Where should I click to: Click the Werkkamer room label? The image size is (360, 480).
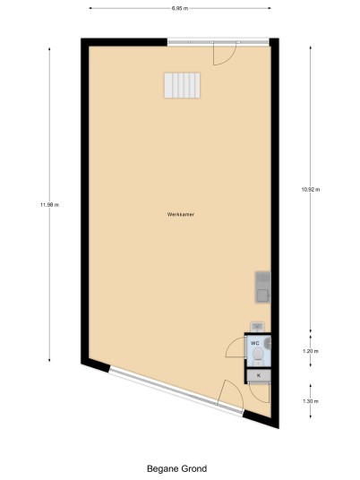coord(181,214)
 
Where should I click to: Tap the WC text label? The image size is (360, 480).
coord(255,343)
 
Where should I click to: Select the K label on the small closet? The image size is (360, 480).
coord(259,375)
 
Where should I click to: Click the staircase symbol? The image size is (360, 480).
coord(182,85)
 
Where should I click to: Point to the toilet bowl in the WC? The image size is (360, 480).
coord(258,356)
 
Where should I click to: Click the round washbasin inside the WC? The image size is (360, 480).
coord(268,343)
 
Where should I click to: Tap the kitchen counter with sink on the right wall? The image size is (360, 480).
coord(263,287)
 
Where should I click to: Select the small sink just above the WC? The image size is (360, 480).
coord(257,327)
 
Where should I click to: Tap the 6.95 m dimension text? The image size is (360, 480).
coord(180,8)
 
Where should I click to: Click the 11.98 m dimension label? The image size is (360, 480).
coord(49,205)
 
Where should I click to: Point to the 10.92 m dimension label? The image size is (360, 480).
coord(311,190)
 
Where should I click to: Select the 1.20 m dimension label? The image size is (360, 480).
coord(311,351)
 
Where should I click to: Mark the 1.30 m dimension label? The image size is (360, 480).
coord(311,401)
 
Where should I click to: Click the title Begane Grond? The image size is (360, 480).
coord(177,468)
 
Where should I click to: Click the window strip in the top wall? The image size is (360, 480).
coord(219,42)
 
